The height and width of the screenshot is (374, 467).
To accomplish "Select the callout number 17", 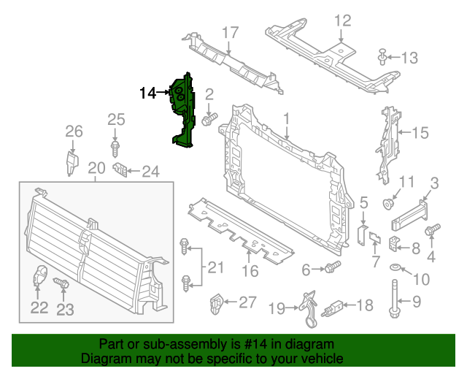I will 230,32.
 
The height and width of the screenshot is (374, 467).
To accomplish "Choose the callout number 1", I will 287,118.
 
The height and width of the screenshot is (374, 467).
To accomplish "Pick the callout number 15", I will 420,133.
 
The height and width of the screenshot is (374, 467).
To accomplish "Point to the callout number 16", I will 250,271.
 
